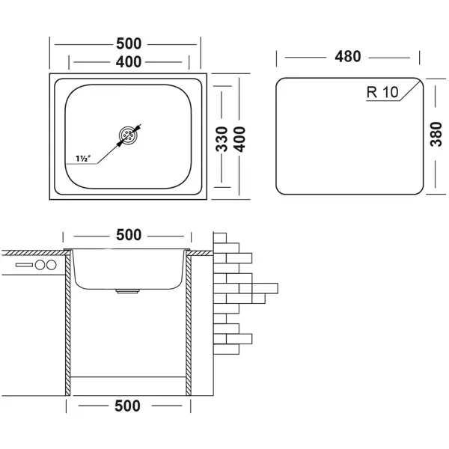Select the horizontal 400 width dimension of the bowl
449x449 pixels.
[128, 63]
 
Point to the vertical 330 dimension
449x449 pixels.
[222, 138]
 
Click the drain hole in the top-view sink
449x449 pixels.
[128, 136]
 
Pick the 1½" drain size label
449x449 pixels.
[82, 159]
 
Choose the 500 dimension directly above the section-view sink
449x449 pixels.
[128, 236]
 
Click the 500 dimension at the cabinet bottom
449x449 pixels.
[128, 406]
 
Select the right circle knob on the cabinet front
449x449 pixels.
[52, 266]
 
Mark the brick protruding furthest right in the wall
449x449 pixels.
[265, 287]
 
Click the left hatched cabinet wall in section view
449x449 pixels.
[68, 322]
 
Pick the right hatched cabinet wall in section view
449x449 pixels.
[189, 322]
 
